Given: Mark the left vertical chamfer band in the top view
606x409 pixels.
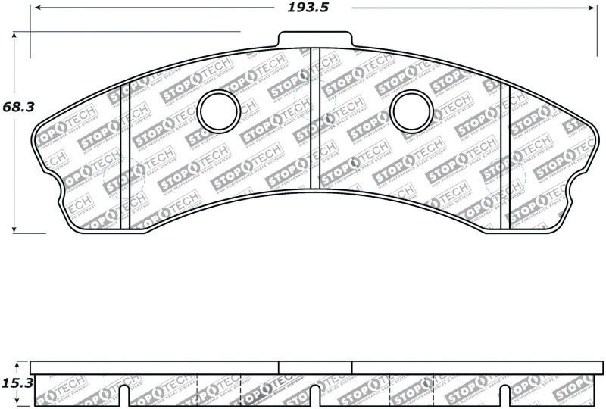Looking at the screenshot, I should pyautogui.click(x=126, y=155).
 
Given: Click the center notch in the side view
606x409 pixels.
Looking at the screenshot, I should pyautogui.click(x=315, y=395).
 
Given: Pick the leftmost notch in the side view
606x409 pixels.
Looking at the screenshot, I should pyautogui.click(x=126, y=395).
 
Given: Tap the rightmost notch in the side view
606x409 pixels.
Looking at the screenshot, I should pyautogui.click(x=505, y=395).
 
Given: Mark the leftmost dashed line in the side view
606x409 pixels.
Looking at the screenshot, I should pyautogui.click(x=198, y=391).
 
